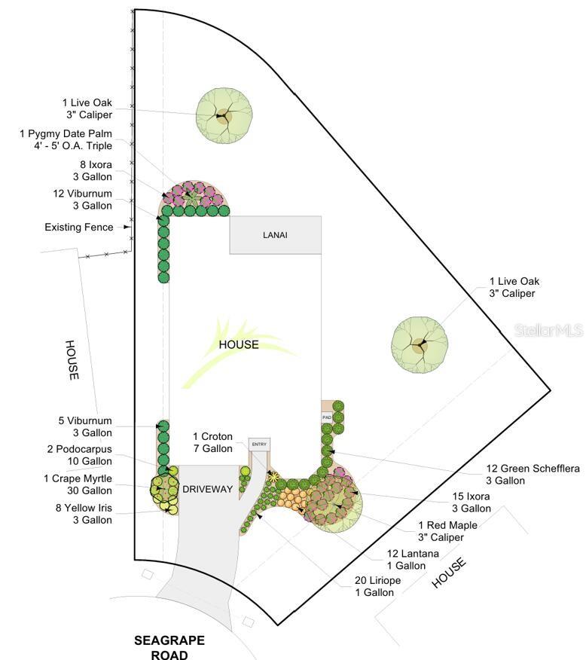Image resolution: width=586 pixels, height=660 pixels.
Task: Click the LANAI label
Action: pos(275,235)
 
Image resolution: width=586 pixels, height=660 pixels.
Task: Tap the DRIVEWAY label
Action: pos(207,489)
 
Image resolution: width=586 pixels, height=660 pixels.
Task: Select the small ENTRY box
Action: pos(259,445)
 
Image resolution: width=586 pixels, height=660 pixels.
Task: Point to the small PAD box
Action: pos(327,417)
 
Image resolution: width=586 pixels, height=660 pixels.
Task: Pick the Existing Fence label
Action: pos(79,227)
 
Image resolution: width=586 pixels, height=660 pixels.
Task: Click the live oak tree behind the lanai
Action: pos(224,116)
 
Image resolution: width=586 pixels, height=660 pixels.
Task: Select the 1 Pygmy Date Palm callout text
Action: pos(66,139)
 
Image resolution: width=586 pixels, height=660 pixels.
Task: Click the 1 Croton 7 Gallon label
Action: pos(213,442)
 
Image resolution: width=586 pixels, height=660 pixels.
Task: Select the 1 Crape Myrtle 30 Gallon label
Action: pos(78,484)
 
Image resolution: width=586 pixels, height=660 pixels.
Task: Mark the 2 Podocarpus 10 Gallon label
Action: pos(79,455)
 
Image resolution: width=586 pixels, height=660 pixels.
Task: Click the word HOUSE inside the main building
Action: pos(239,344)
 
